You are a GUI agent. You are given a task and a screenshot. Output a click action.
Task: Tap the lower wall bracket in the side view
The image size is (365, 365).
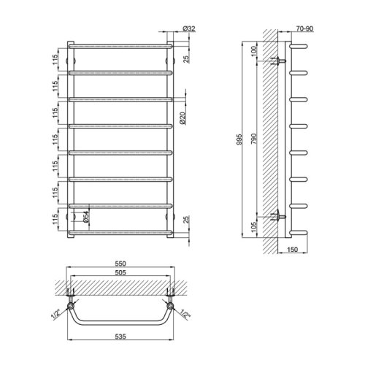point(277,217)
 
